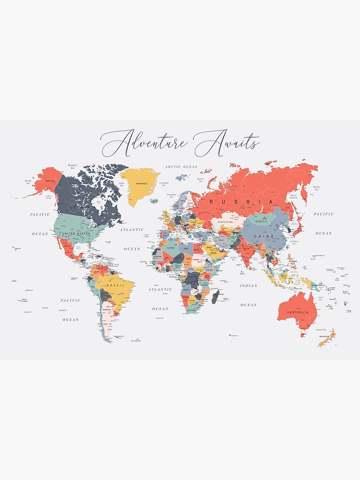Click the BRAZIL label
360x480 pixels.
[x=115, y=285]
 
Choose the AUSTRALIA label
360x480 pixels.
[x=298, y=312]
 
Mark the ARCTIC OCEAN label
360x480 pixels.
[x=181, y=167]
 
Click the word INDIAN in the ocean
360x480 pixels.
[x=249, y=286]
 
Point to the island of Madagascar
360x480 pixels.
[x=216, y=296]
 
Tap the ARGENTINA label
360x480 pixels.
[x=107, y=310]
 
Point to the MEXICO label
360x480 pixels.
[x=67, y=246]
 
